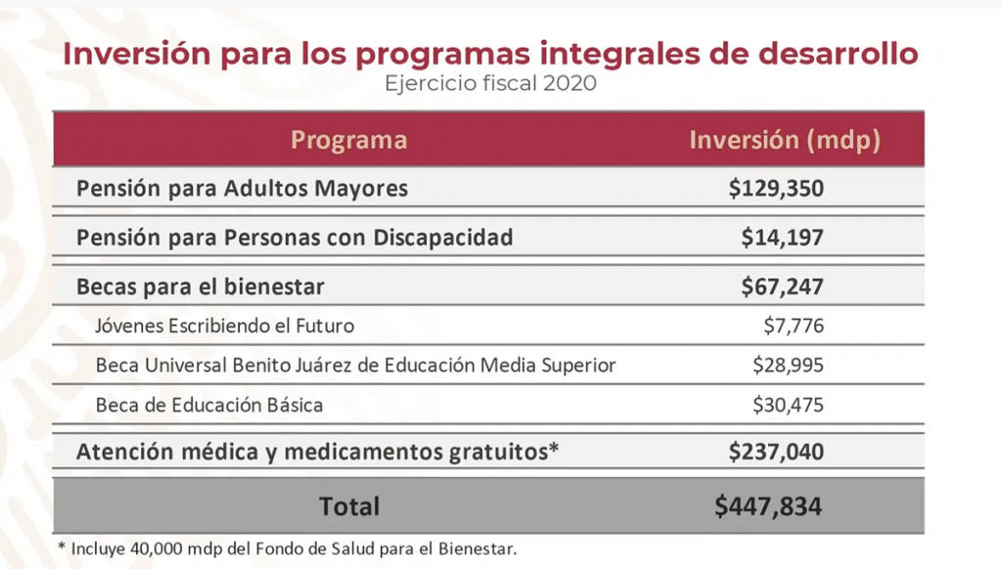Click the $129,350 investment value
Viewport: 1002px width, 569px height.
coord(775,188)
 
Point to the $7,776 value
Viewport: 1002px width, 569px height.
coord(794,326)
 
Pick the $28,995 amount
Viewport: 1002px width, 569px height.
coord(788,365)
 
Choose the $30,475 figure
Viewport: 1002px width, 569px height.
coord(788,404)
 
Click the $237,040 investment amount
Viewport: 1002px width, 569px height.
coord(775,451)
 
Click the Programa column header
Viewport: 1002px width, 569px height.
coord(348,140)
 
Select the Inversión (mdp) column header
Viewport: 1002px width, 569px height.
coord(785,140)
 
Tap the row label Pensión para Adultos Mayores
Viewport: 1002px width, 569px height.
coord(242,188)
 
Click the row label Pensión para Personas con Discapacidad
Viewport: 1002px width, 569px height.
coord(295,238)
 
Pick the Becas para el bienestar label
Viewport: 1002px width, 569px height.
coord(201,286)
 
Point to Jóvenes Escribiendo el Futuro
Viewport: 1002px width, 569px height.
coord(224,326)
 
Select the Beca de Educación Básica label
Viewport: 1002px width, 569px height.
coord(208,404)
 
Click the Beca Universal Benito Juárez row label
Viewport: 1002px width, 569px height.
coord(355,365)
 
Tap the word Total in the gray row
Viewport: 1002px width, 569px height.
coord(349,506)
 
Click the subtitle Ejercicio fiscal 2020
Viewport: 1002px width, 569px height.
coord(490,83)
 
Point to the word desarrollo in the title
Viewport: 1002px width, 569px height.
coord(834,53)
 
